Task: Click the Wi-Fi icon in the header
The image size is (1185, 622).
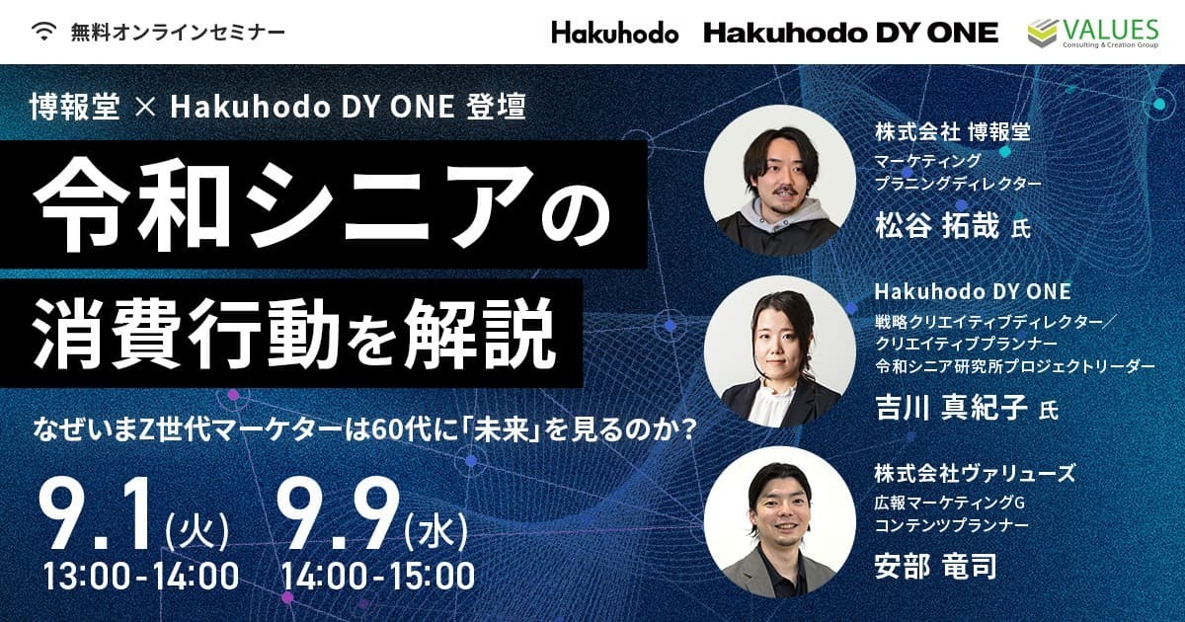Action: coord(43,32)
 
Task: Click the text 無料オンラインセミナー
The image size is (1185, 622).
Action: coord(178,33)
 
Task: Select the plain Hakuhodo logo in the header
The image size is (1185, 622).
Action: coord(614,33)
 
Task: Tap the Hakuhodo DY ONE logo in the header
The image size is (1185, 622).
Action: coord(850,33)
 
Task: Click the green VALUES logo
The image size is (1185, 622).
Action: coord(1093,33)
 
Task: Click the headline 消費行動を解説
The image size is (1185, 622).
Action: coord(294,334)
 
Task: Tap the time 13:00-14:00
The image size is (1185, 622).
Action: coord(140,576)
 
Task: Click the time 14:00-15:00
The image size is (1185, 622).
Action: coord(377,576)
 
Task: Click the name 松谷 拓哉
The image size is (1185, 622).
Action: coord(937,226)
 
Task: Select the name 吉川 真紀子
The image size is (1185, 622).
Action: coord(951,408)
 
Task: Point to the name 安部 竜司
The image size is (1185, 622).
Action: coord(936,567)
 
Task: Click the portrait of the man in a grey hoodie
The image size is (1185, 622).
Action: coord(780,181)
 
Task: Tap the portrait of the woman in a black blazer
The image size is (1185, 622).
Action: coord(780,351)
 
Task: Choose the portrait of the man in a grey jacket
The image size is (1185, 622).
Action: coord(780,522)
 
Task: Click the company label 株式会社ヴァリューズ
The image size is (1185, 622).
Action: coord(975,473)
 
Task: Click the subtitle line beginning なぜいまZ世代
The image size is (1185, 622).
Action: coord(364,430)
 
